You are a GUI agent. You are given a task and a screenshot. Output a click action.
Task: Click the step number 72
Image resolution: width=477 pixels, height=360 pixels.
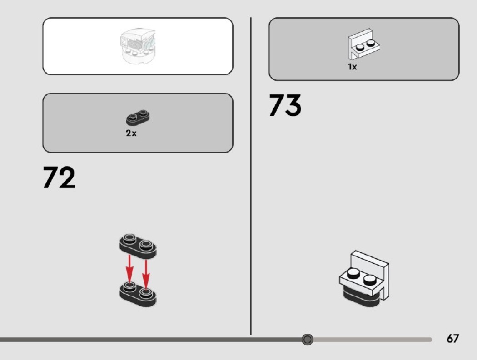[x=59, y=178]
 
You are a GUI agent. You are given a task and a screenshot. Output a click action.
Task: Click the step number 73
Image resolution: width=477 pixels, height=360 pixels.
[x=285, y=105]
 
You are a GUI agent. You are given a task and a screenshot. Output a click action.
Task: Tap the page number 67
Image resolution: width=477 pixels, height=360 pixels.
[x=452, y=339]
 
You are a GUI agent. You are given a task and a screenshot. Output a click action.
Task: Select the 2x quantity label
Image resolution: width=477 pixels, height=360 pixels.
[x=131, y=133]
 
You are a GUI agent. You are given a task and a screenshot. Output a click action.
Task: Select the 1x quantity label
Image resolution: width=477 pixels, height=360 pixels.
[x=353, y=67]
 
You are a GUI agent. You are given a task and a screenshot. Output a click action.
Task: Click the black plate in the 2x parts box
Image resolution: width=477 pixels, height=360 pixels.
[x=138, y=117]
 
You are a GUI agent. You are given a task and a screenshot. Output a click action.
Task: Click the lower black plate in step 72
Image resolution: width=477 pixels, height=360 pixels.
[x=138, y=293]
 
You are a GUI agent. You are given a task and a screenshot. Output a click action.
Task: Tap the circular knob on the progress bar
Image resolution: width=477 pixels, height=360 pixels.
[x=308, y=339]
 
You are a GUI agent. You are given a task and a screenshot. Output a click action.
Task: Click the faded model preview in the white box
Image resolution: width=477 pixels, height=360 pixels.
[x=137, y=46]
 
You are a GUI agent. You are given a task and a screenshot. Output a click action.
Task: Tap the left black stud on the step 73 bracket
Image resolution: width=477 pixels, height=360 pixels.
[x=353, y=273]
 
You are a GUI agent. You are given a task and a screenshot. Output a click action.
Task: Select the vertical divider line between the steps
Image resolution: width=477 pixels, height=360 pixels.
[x=251, y=177]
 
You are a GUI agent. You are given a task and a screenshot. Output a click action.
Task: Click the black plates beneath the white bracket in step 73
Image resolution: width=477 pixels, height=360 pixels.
[x=359, y=297]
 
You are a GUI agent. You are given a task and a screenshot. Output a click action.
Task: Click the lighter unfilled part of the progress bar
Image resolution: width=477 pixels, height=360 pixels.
[x=373, y=340]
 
